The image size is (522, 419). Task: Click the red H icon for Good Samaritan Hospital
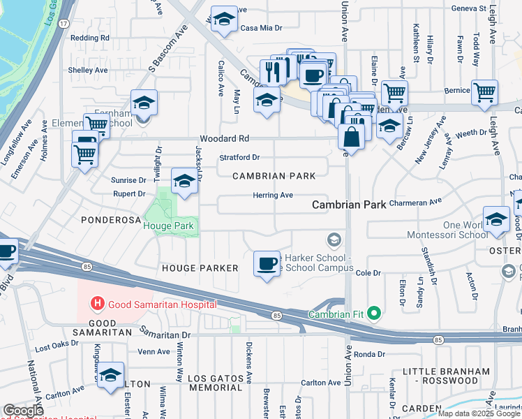[x=98, y=304]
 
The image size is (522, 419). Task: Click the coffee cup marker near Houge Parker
[x=267, y=264]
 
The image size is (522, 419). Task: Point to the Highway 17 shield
[x=64, y=24]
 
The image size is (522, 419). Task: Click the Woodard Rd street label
[x=224, y=138]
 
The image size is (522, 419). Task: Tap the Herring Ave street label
[x=272, y=196]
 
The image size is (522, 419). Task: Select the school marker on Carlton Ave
[x=111, y=375]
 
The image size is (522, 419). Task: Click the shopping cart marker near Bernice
[x=484, y=92]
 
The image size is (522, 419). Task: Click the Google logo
[x=23, y=411]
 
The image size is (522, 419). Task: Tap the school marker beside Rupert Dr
[x=184, y=182]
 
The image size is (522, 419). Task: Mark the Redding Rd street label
[x=90, y=38]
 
